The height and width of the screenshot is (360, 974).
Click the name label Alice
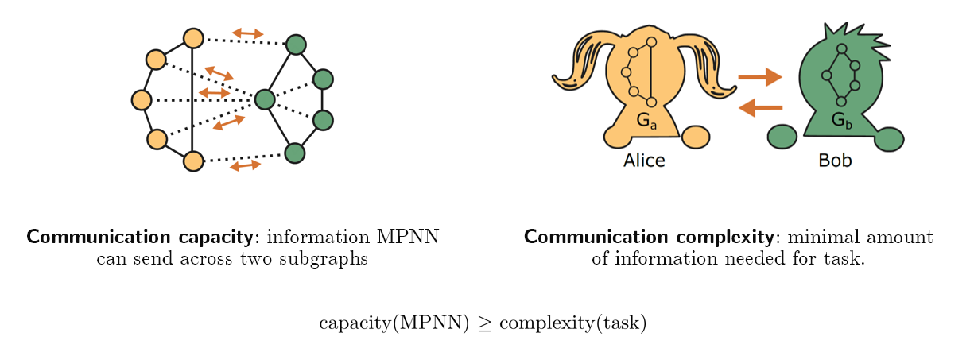[644, 161]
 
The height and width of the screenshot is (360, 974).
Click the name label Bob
[835, 161]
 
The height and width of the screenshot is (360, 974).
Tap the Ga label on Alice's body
[646, 121]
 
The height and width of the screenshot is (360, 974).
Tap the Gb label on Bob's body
[841, 121]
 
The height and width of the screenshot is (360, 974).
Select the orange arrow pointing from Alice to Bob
[760, 77]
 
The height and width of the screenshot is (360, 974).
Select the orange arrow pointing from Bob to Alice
[760, 106]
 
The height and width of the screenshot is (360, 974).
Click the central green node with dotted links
[265, 99]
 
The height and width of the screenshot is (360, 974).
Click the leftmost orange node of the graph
[142, 100]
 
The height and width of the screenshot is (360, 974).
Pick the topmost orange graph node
[193, 37]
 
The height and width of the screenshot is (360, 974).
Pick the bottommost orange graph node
[193, 161]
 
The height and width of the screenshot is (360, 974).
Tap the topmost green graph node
[296, 45]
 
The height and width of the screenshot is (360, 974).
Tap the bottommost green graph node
[295, 153]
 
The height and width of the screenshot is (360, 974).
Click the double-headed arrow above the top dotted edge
[247, 33]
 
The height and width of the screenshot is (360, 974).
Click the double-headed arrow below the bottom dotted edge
[245, 166]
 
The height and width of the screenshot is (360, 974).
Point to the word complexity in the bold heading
[725, 237]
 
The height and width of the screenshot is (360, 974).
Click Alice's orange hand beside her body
[696, 137]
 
